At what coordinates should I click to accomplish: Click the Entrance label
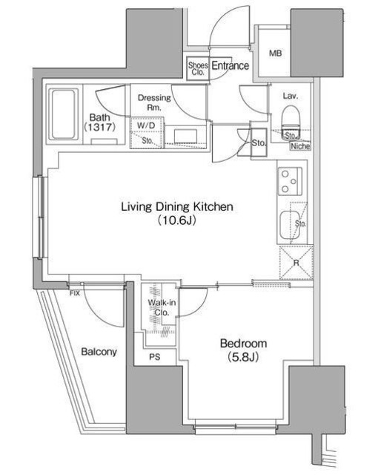pos(230,66)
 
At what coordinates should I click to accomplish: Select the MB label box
pos(275,53)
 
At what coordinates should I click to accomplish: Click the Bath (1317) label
pos(99,122)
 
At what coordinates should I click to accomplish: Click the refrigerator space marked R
pos(295,261)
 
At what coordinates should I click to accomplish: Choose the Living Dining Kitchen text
pos(177,206)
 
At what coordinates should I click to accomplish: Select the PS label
pos(154,357)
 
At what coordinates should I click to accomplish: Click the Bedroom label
pos(242,344)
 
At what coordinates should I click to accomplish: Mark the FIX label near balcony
pos(74,293)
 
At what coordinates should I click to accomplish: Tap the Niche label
pos(299,146)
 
